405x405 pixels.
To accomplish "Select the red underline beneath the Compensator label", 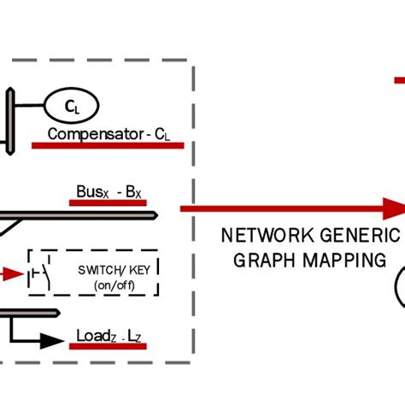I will (108, 145).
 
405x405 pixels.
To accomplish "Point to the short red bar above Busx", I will (108, 202).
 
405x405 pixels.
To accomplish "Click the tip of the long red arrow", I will (399, 208).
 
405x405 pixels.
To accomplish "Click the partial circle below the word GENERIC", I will (400, 289).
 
